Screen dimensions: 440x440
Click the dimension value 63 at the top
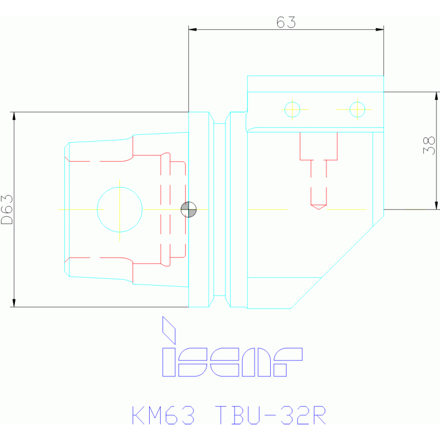pyautogui.click(x=286, y=22)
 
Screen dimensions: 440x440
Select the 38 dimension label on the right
pyautogui.click(x=429, y=145)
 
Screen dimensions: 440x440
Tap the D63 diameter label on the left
pyautogui.click(x=7, y=209)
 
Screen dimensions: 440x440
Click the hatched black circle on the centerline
pyautogui.click(x=188, y=209)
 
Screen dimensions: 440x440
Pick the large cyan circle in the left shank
pyautogui.click(x=119, y=209)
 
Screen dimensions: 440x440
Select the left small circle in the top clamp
pyautogui.click(x=292, y=109)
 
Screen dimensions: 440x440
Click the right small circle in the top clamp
pyautogui.click(x=357, y=109)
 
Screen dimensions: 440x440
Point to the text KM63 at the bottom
pyautogui.click(x=164, y=415)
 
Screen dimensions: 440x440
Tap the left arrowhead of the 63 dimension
pyautogui.click(x=193, y=29)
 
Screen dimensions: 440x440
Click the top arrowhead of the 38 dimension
pyautogui.click(x=437, y=96)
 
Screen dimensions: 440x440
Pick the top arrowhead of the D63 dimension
pyautogui.click(x=14, y=116)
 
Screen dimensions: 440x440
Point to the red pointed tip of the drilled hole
pyautogui.click(x=318, y=207)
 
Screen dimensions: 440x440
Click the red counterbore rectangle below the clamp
pyautogui.click(x=318, y=146)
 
